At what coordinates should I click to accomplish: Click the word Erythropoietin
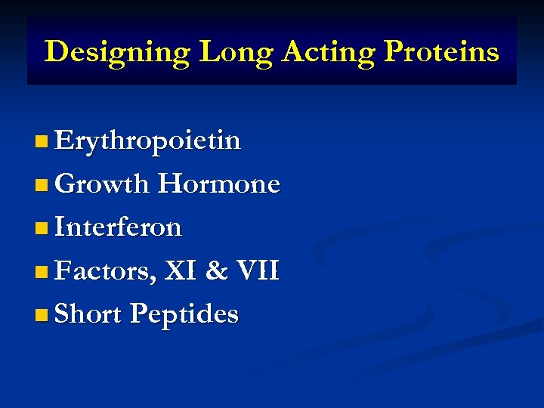coord(148,141)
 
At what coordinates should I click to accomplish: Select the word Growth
coord(101,184)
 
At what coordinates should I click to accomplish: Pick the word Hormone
coord(218,184)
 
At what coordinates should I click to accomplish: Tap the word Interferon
coord(118,227)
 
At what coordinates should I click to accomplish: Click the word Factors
coord(104,270)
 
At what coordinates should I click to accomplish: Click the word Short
coord(88,314)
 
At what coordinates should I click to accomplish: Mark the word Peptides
coord(184,314)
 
